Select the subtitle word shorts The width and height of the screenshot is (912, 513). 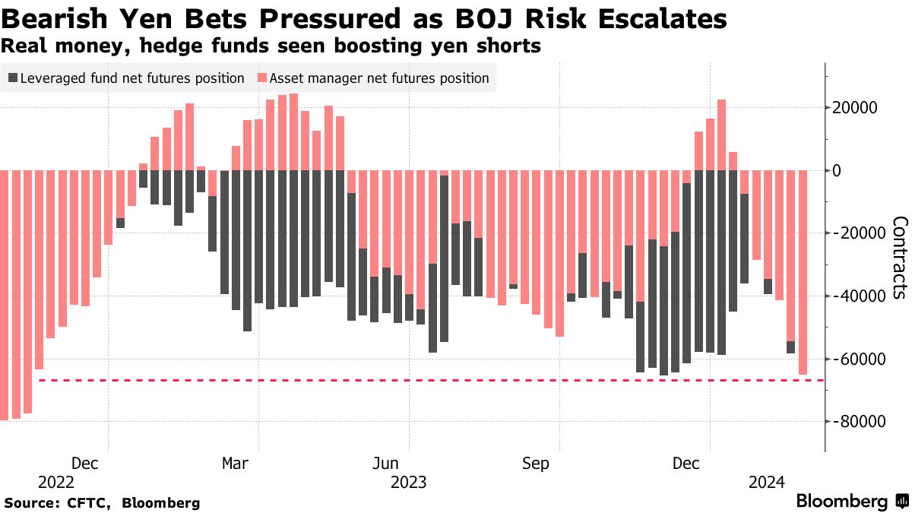click(510, 46)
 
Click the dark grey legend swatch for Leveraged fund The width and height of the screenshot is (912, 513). click(13, 78)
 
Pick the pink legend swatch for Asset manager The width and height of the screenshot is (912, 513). click(263, 78)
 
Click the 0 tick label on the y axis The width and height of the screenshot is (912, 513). click(836, 170)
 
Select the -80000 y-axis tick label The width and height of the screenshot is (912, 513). click(860, 422)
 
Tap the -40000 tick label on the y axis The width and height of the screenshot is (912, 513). click(860, 296)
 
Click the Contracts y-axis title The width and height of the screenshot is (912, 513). click(899, 258)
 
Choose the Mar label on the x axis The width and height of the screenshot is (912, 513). click(235, 464)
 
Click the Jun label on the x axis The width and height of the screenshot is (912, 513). click(386, 464)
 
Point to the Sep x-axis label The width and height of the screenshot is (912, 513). click(536, 464)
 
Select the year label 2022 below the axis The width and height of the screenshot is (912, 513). click(56, 482)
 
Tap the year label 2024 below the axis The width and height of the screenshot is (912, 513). click(767, 482)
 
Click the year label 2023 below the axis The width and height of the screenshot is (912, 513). click(409, 482)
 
